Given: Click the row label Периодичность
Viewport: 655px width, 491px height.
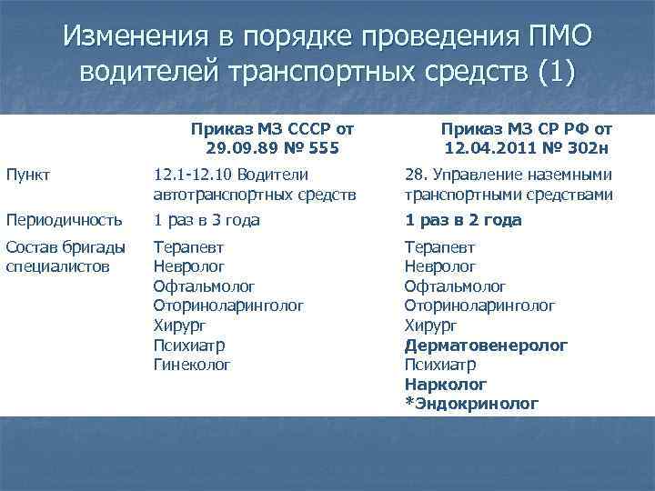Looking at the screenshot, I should [x=64, y=219].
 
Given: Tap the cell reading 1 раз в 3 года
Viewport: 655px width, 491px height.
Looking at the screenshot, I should [x=207, y=219].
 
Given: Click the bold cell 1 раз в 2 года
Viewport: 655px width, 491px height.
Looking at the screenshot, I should [x=463, y=219].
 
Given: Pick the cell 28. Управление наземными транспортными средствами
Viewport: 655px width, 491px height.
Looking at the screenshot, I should [x=508, y=184].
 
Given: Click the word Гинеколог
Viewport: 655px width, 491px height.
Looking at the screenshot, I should [x=192, y=365].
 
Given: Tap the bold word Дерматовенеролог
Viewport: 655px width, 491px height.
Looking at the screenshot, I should [x=487, y=346].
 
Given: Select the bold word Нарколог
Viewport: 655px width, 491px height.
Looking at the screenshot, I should [x=446, y=385].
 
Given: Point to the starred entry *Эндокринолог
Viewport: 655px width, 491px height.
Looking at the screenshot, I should [x=471, y=404].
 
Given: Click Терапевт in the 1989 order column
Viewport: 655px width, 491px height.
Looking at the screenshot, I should [x=188, y=246].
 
